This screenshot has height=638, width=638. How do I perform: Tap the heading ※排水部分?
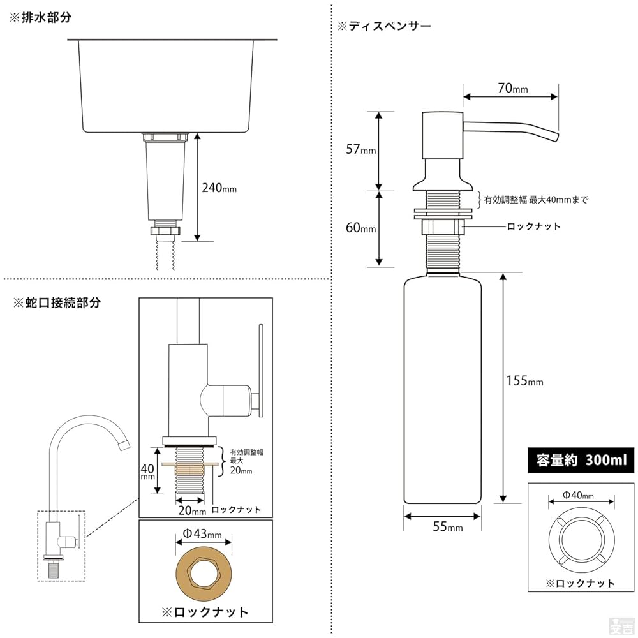coord(40,18)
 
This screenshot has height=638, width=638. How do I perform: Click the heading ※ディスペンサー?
coord(384,27)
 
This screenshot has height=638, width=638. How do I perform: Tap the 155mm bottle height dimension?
coord(524,381)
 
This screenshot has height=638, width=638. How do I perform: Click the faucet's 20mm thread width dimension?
coord(192,511)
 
